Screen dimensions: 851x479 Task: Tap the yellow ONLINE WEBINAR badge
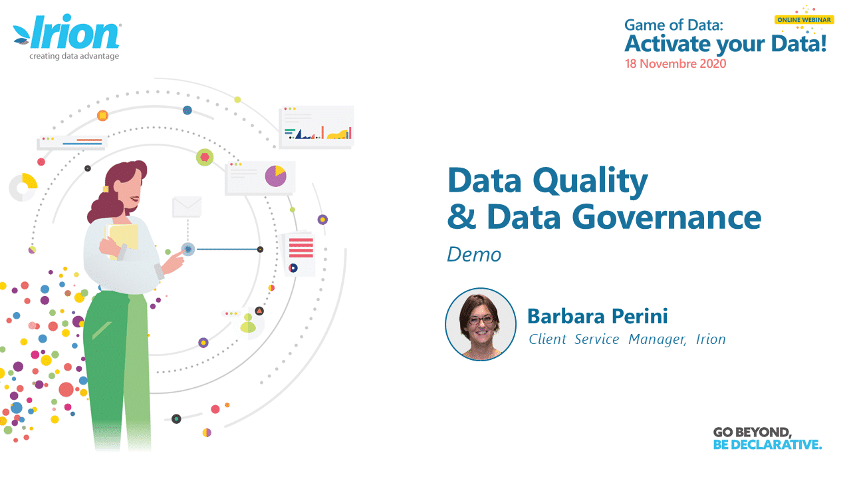point(804,20)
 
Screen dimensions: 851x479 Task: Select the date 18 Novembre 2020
point(675,63)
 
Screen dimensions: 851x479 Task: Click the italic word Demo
point(474,255)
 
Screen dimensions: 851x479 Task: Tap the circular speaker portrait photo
point(481,324)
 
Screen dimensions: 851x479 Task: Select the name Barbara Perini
point(597,316)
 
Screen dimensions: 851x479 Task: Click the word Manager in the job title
point(658,339)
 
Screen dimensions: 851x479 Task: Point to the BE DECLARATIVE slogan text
point(767,444)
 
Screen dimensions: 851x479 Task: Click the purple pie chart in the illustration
point(275,176)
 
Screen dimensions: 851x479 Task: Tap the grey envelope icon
point(187,207)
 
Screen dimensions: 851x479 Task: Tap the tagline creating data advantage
point(74,57)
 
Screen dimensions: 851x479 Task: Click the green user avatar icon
point(248,323)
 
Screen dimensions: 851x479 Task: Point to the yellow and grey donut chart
point(23,187)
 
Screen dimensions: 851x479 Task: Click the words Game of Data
point(673,25)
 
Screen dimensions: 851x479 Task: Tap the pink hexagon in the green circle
point(205,157)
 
